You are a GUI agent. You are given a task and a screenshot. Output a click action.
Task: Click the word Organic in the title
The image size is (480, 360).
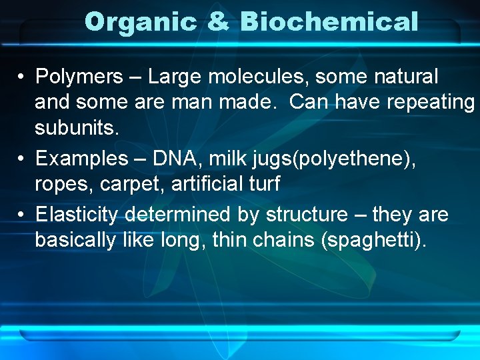click(141, 23)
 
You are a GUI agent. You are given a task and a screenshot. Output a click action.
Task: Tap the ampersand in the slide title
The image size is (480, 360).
click(218, 23)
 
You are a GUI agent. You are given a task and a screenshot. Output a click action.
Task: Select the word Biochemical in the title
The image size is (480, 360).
click(329, 23)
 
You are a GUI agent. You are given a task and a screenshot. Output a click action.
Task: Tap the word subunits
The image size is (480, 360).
click(77, 128)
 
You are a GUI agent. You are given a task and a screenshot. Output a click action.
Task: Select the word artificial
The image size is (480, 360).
click(207, 184)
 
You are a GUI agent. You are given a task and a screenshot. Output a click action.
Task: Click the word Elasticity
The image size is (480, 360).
click(77, 215)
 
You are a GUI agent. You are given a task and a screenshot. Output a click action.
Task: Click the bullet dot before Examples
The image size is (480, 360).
click(22, 159)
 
